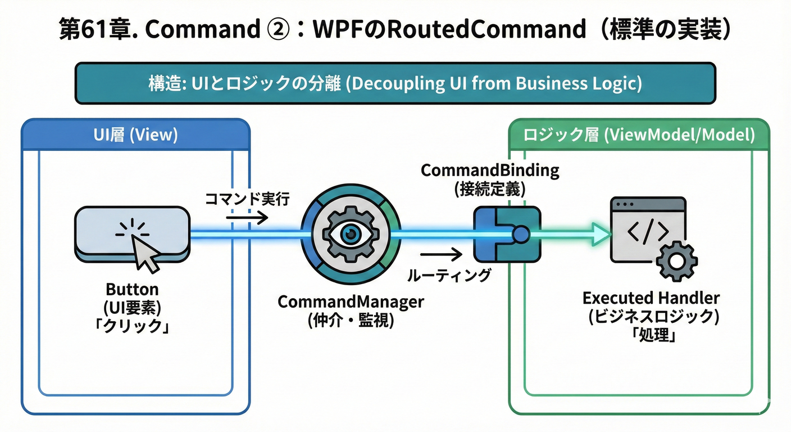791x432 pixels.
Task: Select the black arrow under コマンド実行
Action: [x=247, y=217]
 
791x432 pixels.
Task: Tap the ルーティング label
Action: [x=448, y=275]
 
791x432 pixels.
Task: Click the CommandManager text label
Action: [x=351, y=302]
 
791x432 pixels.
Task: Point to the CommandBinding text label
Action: [x=490, y=170]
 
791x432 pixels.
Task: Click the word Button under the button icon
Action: [x=132, y=290]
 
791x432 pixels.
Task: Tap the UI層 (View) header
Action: [x=135, y=136]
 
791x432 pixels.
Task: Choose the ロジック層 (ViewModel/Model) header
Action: [x=638, y=136]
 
